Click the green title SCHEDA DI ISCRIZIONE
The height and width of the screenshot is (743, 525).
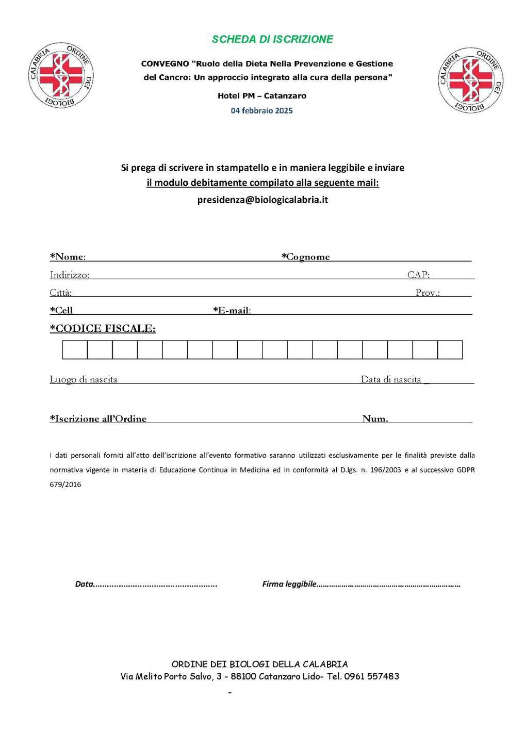[x=272, y=39]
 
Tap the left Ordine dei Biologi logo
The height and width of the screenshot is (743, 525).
[x=60, y=75]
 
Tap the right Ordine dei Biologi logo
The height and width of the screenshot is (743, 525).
[x=470, y=80]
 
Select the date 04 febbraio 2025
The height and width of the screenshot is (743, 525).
[x=261, y=110]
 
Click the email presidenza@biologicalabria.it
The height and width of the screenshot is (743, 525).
[x=262, y=200]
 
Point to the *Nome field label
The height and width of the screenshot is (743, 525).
[x=68, y=257]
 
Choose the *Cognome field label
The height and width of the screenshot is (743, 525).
[x=305, y=257]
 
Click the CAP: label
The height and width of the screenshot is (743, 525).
[x=418, y=275]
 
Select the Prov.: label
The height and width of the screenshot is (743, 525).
[x=428, y=293]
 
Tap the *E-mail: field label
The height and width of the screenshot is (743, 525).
[x=232, y=311]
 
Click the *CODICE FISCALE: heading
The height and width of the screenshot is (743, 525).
[x=103, y=329]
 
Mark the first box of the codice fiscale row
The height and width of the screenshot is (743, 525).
[x=75, y=350]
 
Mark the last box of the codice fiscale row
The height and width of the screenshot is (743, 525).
[x=450, y=350]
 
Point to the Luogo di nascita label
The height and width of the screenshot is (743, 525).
[x=84, y=380]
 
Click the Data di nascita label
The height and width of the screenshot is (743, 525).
[x=391, y=380]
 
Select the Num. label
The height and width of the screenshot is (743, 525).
[x=375, y=419]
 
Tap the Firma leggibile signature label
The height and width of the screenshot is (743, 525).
[x=289, y=584]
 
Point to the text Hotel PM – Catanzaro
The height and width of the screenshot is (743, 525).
[x=262, y=96]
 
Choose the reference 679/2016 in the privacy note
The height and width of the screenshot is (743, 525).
[x=65, y=485]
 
